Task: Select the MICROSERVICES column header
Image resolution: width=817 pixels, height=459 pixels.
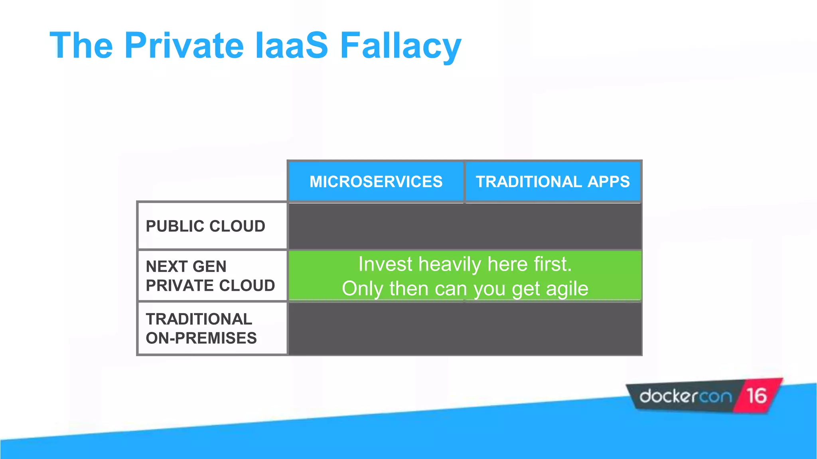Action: coord(376,182)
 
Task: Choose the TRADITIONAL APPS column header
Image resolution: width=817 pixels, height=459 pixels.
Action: coord(553,182)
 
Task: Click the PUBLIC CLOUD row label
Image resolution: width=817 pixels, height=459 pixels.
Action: coord(205,226)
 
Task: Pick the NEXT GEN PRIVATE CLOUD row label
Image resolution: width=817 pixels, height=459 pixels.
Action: coord(210,276)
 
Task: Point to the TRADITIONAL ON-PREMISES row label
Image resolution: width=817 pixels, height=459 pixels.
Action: coord(201,328)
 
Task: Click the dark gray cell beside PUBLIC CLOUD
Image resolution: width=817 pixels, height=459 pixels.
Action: coord(465,226)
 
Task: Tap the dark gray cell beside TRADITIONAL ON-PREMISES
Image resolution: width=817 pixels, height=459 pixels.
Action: coord(465,328)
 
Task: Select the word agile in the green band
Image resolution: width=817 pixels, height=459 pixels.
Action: coord(567,288)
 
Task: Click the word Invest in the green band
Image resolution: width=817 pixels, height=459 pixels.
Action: coord(385,265)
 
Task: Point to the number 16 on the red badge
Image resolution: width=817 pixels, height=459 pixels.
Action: coord(756,396)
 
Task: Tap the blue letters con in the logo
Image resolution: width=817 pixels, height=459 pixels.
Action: coord(716,397)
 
